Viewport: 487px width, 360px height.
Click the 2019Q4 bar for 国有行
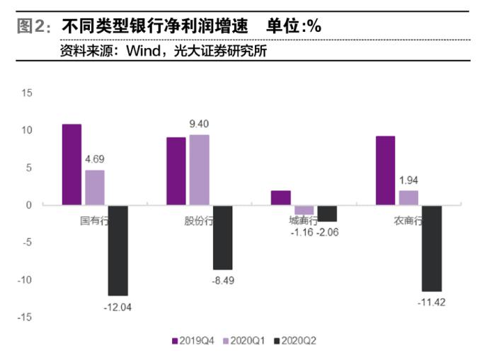[x=71, y=165]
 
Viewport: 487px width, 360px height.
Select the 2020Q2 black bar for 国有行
[x=118, y=250]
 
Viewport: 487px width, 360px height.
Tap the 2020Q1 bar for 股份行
[x=200, y=170]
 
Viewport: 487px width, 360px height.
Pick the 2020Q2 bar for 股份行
[x=222, y=238]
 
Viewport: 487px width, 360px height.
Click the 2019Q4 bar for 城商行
[x=280, y=198]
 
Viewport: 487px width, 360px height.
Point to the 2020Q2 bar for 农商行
[x=432, y=248]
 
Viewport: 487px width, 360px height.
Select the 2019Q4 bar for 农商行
[x=385, y=170]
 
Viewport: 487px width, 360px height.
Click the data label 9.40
[x=199, y=124]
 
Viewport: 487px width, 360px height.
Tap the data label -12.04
[x=116, y=307]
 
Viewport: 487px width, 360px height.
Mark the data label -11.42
[x=430, y=303]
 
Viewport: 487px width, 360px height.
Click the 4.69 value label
[x=95, y=160]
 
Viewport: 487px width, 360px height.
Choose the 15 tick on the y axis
[x=27, y=93]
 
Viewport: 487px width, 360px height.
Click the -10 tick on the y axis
[x=25, y=280]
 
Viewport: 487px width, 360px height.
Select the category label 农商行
[x=408, y=221]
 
